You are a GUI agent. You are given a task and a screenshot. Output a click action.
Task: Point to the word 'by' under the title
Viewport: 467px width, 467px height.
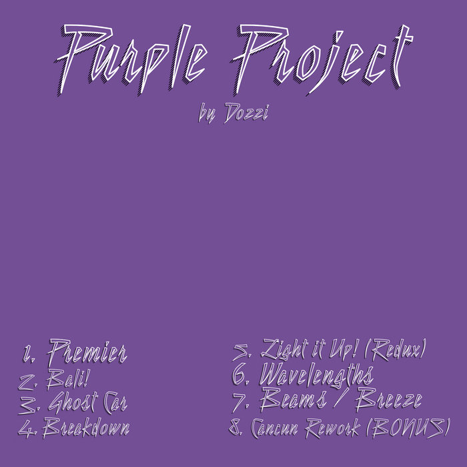tap(208, 116)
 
